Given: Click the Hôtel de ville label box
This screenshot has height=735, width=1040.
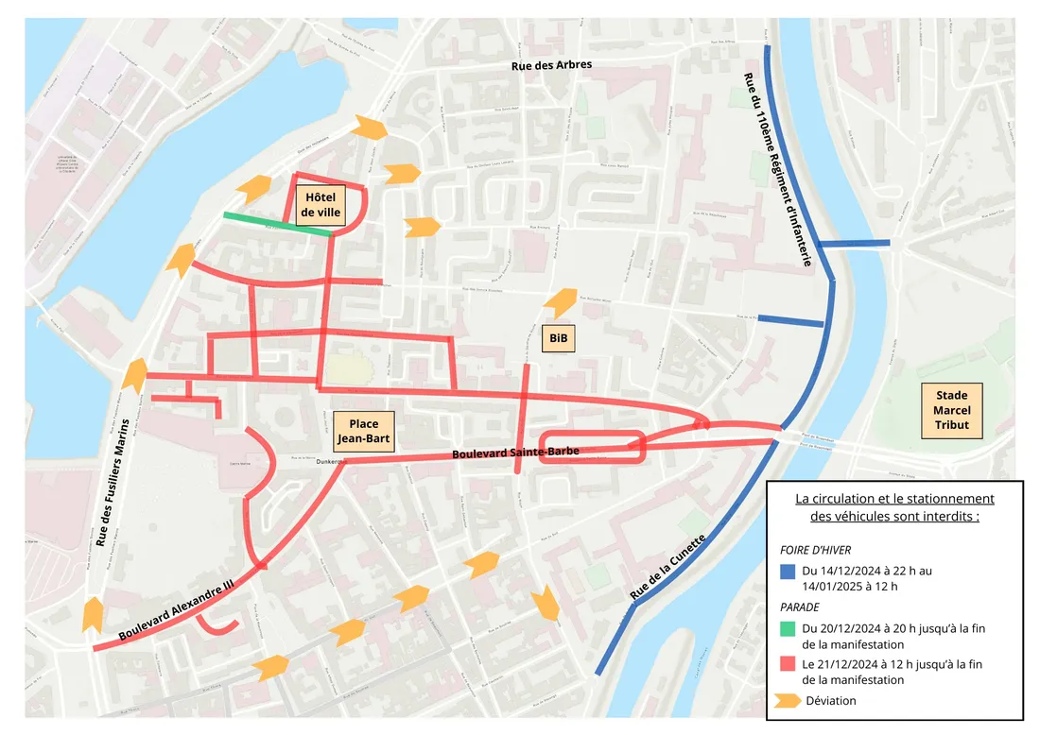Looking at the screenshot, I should click(x=321, y=206).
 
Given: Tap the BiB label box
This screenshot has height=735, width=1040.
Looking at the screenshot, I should click(x=558, y=337).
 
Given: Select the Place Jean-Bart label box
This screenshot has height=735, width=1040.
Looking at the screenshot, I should click(x=363, y=431).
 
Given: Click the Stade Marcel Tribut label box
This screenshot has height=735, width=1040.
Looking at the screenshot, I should click(x=951, y=411).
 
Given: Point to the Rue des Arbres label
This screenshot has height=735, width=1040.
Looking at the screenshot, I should click(x=551, y=65).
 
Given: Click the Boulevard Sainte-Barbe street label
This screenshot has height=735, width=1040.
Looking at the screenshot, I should click(x=514, y=453).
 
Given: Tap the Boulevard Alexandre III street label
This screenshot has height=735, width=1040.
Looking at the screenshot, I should click(x=177, y=612).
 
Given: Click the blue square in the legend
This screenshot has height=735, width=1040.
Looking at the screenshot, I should click(x=788, y=571).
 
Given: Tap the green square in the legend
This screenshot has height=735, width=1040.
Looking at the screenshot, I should click(x=788, y=628).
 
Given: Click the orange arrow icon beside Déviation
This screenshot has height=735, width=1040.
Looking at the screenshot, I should click(x=787, y=700).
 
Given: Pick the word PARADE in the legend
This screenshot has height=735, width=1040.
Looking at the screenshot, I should click(x=800, y=607).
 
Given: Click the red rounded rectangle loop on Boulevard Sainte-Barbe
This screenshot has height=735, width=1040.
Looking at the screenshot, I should click(x=593, y=447).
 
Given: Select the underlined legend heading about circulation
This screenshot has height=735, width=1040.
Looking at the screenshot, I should click(x=893, y=506).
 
